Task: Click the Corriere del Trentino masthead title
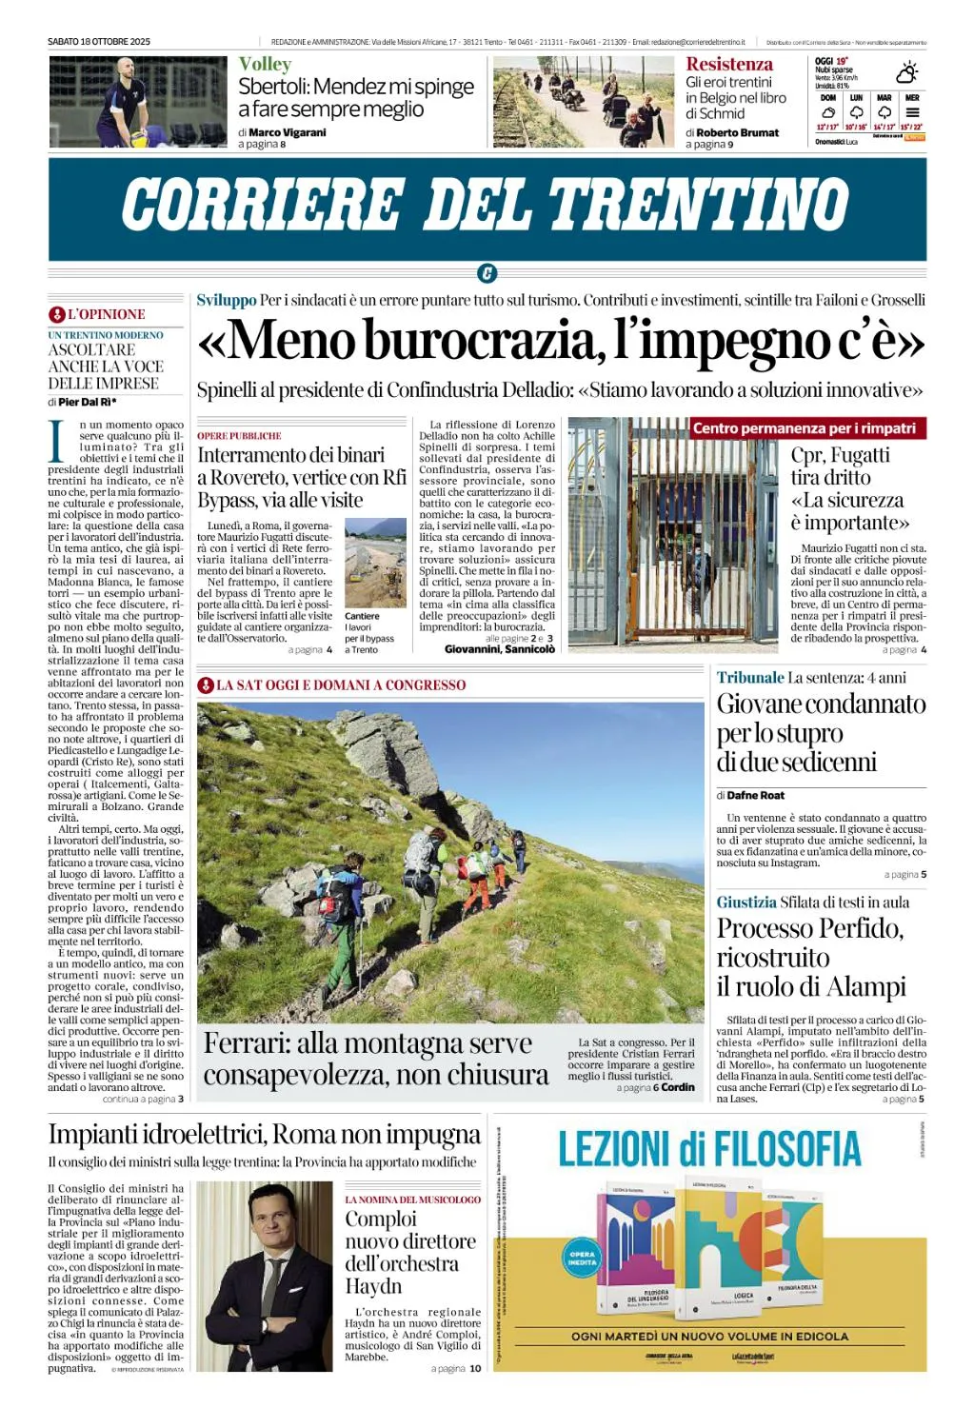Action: (x=486, y=205)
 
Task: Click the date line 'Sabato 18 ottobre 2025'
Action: (x=99, y=42)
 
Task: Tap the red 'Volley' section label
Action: (x=265, y=65)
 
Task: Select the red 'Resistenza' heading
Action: (x=729, y=65)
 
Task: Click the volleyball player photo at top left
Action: (x=138, y=102)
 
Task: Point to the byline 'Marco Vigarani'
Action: (x=288, y=132)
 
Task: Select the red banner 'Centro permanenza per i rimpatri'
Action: (x=805, y=428)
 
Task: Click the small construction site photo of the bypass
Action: (x=375, y=563)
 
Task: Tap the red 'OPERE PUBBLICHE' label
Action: (x=239, y=436)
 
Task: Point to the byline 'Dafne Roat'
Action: (x=756, y=795)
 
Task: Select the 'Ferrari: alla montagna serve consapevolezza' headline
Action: (x=376, y=1059)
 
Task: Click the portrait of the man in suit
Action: (x=265, y=1276)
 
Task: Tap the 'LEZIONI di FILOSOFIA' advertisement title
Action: (x=709, y=1150)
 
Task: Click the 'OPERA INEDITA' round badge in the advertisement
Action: (x=582, y=1257)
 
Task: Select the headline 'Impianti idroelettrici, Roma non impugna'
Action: (x=265, y=1135)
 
